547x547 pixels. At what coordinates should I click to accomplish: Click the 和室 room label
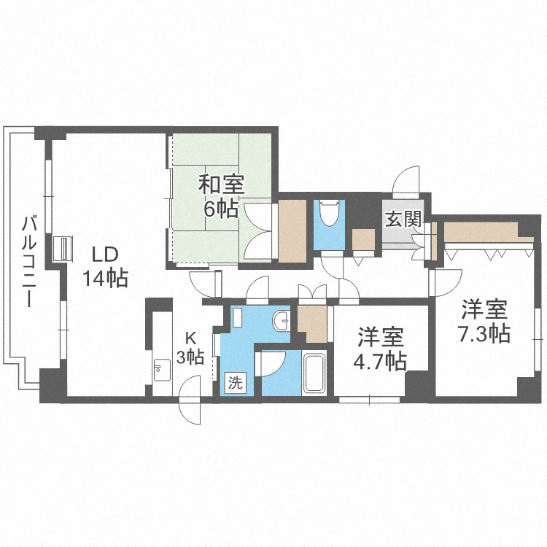point(221,185)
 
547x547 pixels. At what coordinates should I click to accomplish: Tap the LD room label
point(105,255)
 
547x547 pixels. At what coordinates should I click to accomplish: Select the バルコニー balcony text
point(30,262)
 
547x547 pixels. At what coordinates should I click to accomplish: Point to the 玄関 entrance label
point(403,219)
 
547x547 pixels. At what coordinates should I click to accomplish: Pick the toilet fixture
point(329,213)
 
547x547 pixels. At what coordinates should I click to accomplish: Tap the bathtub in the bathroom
point(314,373)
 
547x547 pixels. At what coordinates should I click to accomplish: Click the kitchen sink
point(162,370)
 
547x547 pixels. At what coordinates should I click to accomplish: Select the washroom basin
point(282,320)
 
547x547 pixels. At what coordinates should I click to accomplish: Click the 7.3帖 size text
point(484,333)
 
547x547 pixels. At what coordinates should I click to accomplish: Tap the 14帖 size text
point(105,278)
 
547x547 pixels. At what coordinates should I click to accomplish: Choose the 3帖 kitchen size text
point(190,357)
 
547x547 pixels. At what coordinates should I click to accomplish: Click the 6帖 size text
point(221,209)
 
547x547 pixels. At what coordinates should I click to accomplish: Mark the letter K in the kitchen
point(190,338)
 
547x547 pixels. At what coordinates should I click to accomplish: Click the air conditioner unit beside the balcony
point(63,248)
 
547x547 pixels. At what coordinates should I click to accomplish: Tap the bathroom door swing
point(271,363)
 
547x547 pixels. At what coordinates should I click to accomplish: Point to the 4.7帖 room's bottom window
point(370,400)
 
